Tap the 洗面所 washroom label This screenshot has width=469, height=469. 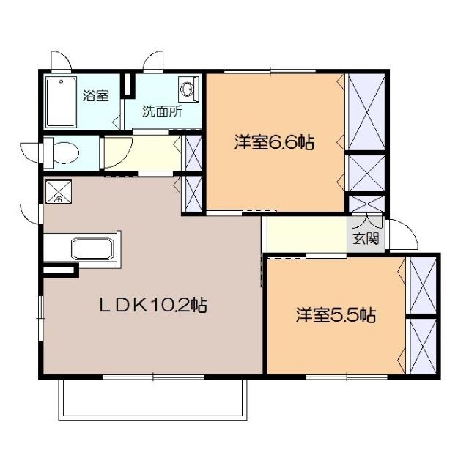pos(162,113)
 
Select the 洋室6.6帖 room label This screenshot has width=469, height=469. pos(273,143)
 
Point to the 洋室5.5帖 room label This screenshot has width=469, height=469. pos(336,316)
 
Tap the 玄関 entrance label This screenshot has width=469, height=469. pos(366,239)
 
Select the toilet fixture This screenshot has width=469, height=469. pos(62,152)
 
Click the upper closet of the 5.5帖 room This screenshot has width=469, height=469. pos(422,285)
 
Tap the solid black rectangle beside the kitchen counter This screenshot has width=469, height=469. pos(60,270)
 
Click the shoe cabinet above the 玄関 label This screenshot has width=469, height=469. pos(364,203)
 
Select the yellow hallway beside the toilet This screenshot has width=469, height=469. pos(139,152)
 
